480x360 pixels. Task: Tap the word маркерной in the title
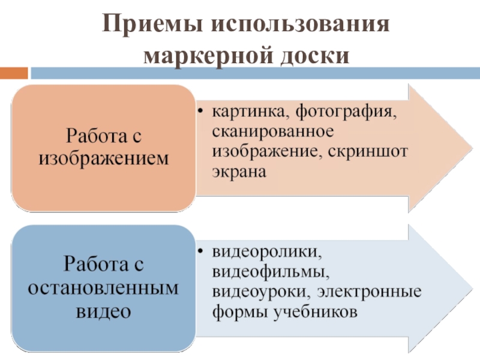coord(202,55)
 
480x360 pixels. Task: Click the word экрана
coord(238,172)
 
